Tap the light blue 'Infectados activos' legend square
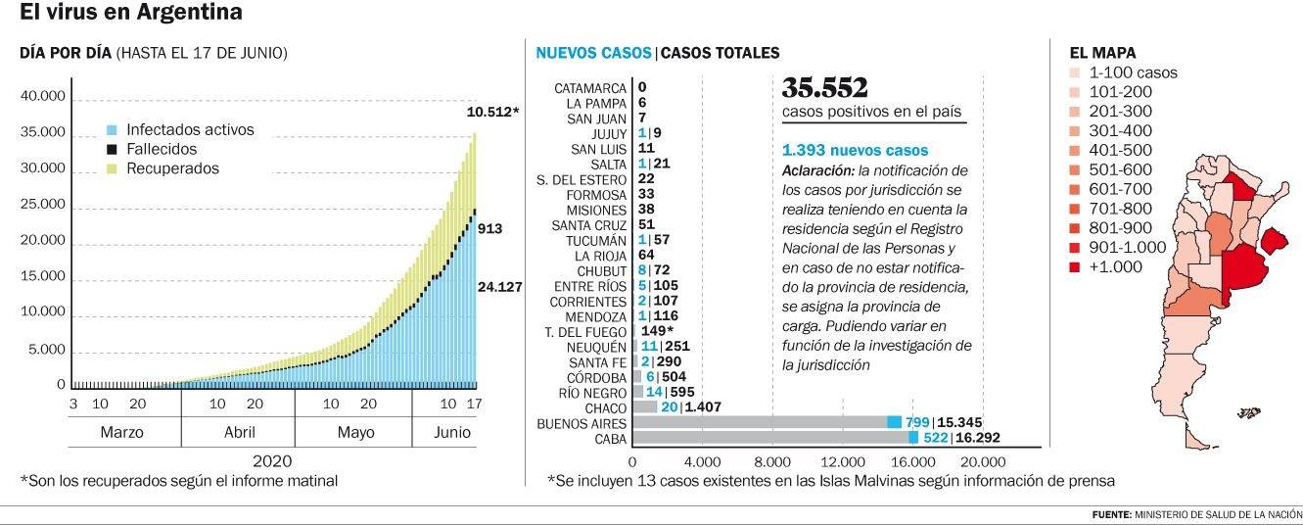(112, 130)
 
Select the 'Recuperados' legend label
(172, 168)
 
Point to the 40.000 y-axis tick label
(42, 96)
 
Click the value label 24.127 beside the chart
(499, 287)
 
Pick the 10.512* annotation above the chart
(492, 112)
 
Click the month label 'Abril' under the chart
(239, 432)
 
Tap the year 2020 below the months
(272, 460)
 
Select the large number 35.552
(824, 88)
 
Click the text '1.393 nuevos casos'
(855, 151)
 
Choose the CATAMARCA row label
(590, 88)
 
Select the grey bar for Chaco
(645, 407)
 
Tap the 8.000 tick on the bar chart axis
(772, 462)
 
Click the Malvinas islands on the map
(1249, 414)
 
